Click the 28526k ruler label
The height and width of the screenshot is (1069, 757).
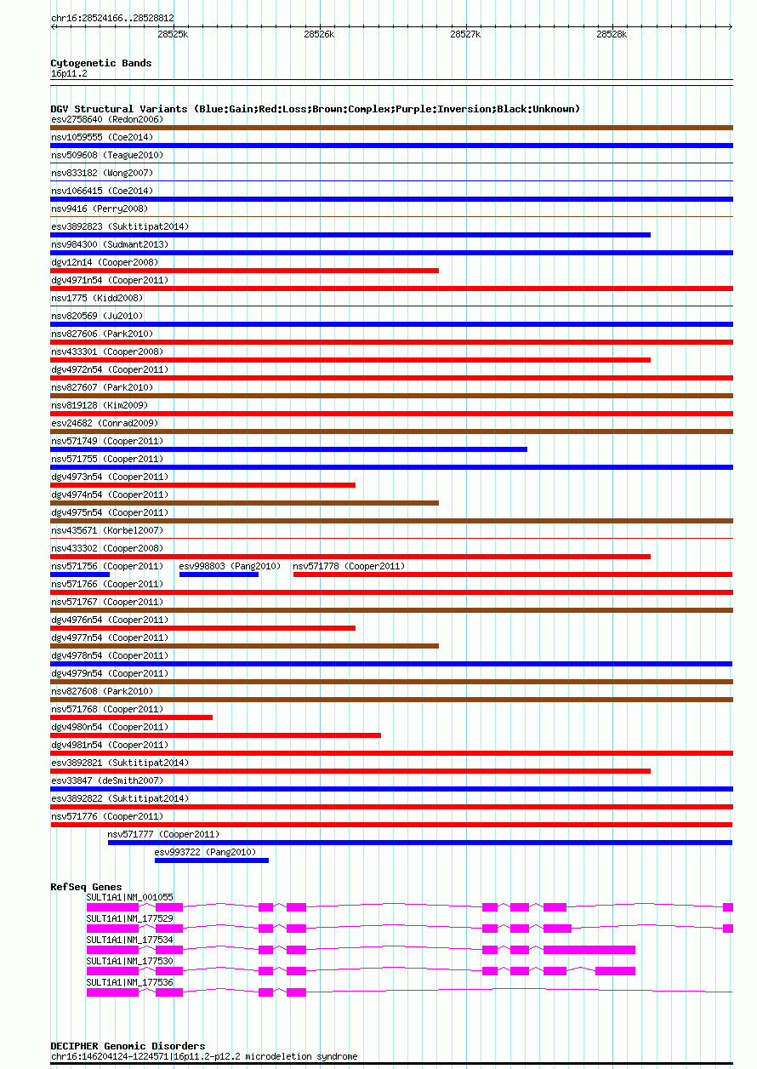point(319,34)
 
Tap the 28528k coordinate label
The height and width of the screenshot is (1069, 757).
point(611,34)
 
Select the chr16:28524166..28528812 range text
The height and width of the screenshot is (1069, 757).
point(112,18)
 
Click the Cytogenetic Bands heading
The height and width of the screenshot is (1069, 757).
point(101,63)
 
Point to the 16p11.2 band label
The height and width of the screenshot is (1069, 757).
point(69,73)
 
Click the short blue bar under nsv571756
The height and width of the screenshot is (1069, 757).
point(80,575)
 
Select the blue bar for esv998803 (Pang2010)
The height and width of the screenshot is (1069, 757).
point(219,575)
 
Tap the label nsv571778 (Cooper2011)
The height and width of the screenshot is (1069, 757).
point(349,566)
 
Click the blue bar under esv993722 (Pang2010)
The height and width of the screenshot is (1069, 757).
point(212,860)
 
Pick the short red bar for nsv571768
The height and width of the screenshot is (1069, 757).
point(132,717)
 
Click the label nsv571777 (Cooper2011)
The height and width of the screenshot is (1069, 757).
point(163,834)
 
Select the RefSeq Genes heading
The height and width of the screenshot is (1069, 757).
point(87,887)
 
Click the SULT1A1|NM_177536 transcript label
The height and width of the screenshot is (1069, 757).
point(130,982)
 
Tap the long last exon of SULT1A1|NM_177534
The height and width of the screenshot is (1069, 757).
point(589,950)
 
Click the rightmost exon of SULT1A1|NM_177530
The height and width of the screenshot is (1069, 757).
point(615,970)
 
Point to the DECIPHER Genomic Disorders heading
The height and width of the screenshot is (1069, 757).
point(128,1046)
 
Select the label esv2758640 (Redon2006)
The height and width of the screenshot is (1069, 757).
point(107,119)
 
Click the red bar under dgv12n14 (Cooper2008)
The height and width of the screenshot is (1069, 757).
point(245,271)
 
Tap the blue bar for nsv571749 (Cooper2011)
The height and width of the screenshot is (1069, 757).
point(289,449)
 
